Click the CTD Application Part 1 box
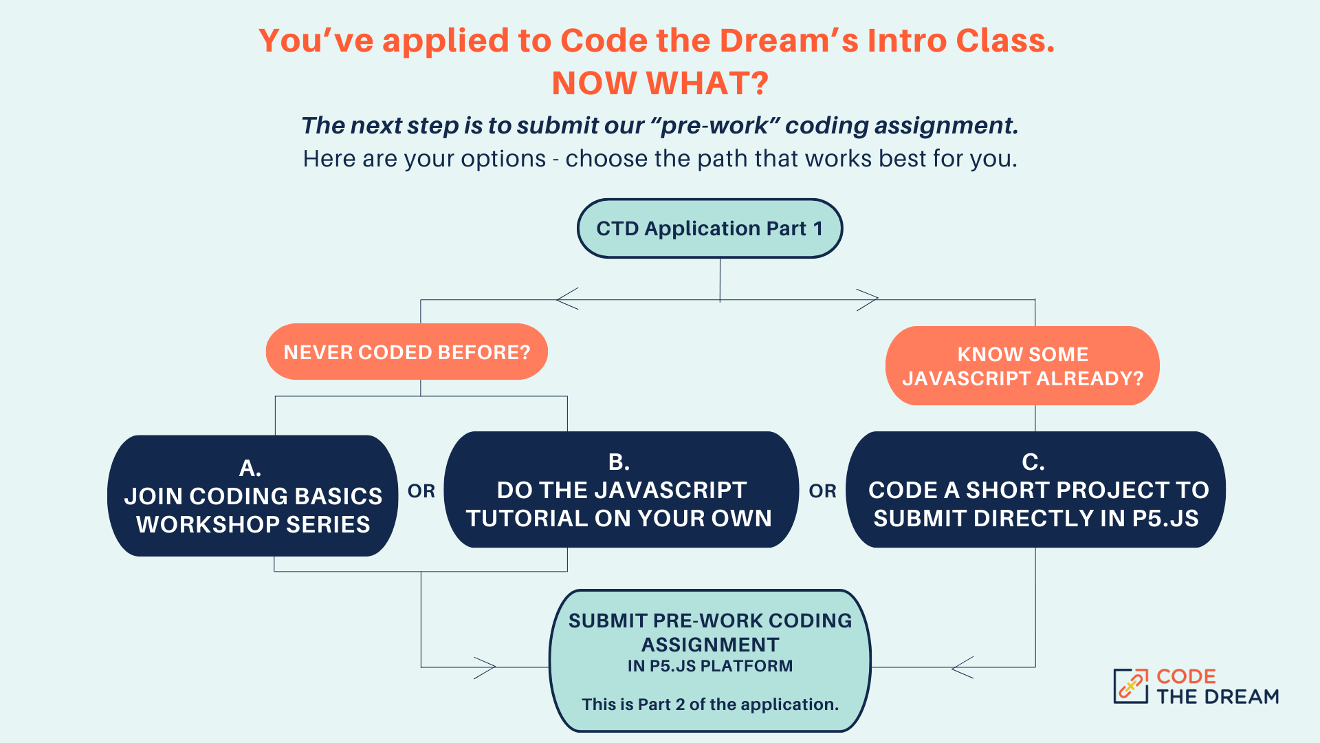pyautogui.click(x=709, y=228)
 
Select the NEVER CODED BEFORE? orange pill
pyautogui.click(x=407, y=352)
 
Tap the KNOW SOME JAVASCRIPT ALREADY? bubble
pyautogui.click(x=1022, y=366)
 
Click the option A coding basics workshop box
pyautogui.click(x=253, y=496)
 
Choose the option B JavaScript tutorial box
pyautogui.click(x=619, y=491)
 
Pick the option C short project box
pyautogui.click(x=1035, y=491)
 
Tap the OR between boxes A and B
pyautogui.click(x=421, y=491)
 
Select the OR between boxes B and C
pyautogui.click(x=822, y=491)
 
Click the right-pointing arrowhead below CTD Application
pyautogui.click(x=868, y=299)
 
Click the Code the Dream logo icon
pyautogui.click(x=1130, y=686)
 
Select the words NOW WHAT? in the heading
pyautogui.click(x=660, y=83)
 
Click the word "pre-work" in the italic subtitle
pyautogui.click(x=715, y=126)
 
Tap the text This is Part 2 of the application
pyautogui.click(x=710, y=704)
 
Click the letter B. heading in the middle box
pyautogui.click(x=619, y=462)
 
